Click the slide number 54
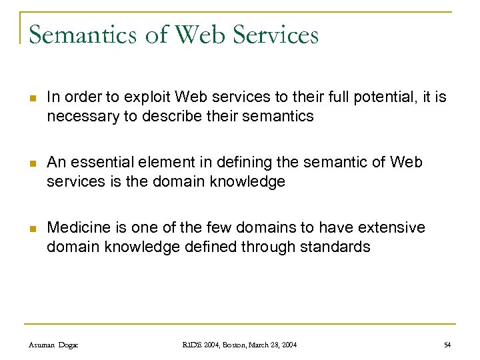tap(447, 344)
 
